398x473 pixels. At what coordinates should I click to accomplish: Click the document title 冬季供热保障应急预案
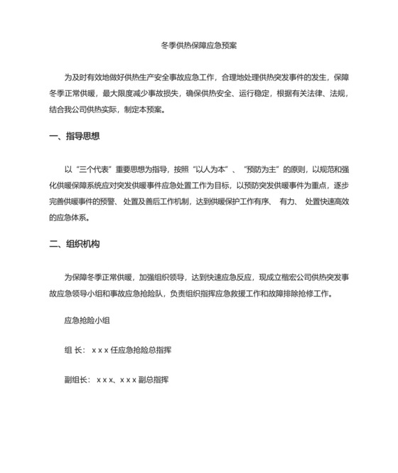coord(199,45)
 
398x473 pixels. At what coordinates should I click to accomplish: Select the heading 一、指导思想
coord(75,137)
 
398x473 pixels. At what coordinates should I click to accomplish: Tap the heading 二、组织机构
coord(75,244)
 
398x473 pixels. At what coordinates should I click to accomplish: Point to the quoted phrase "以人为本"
coord(215,169)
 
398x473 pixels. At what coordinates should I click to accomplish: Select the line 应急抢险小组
coord(87,321)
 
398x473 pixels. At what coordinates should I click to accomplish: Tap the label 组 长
coord(75,350)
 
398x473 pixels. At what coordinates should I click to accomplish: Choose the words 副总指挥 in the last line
coord(153,380)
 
